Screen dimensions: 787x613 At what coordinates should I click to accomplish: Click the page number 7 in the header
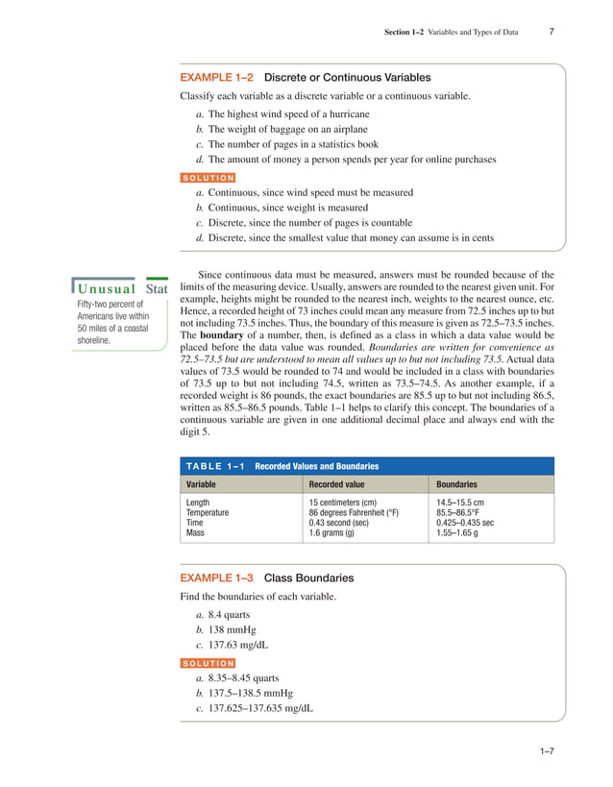(x=551, y=32)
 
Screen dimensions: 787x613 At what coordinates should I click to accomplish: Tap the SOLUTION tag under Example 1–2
(x=208, y=177)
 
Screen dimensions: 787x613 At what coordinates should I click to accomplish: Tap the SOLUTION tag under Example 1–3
(x=208, y=663)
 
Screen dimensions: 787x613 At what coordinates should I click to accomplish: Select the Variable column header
(x=201, y=484)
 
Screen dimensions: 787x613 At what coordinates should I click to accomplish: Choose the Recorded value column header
(x=336, y=484)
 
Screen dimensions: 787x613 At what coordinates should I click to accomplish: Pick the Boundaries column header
(x=456, y=484)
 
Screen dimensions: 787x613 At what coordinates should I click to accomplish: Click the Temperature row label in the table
(x=208, y=512)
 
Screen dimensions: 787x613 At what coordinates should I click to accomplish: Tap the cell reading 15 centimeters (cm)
(x=348, y=503)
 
